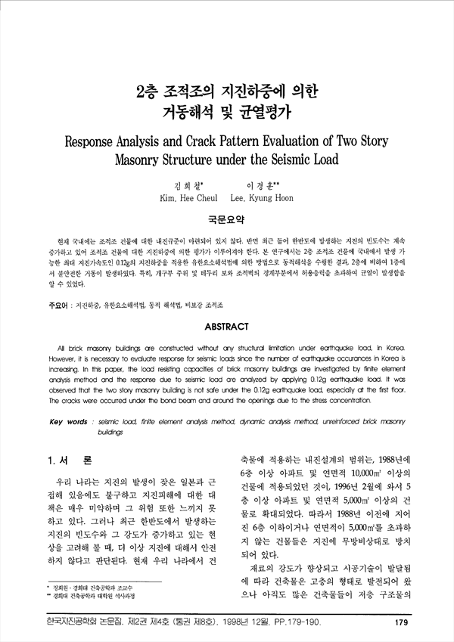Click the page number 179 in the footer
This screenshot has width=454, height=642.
tap(402, 623)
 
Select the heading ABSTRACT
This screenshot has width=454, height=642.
tap(226, 327)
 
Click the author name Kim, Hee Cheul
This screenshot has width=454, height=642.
tap(184, 200)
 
